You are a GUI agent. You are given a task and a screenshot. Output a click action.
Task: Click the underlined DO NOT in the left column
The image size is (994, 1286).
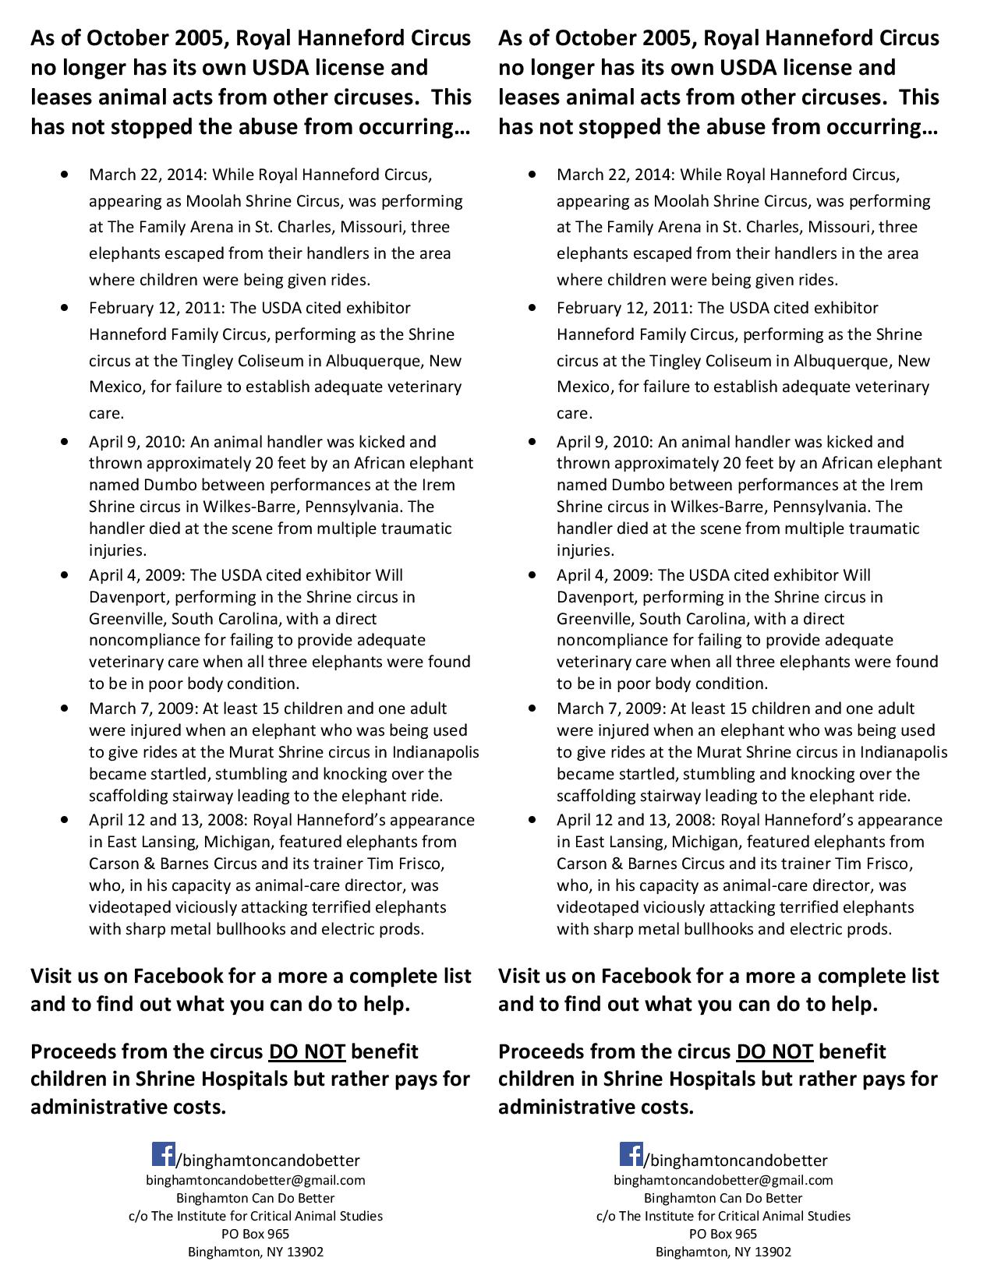click(307, 1051)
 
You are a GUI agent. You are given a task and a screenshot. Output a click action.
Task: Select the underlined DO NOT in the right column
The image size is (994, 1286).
click(775, 1051)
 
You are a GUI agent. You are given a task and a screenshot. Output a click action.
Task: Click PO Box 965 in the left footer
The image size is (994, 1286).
click(256, 1234)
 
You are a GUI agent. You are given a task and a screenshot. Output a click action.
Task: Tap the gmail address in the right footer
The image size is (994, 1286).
click(723, 1180)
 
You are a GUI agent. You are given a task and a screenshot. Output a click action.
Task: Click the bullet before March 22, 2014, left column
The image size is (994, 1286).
click(65, 175)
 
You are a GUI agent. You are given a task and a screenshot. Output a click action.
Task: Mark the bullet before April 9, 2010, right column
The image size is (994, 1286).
click(532, 442)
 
